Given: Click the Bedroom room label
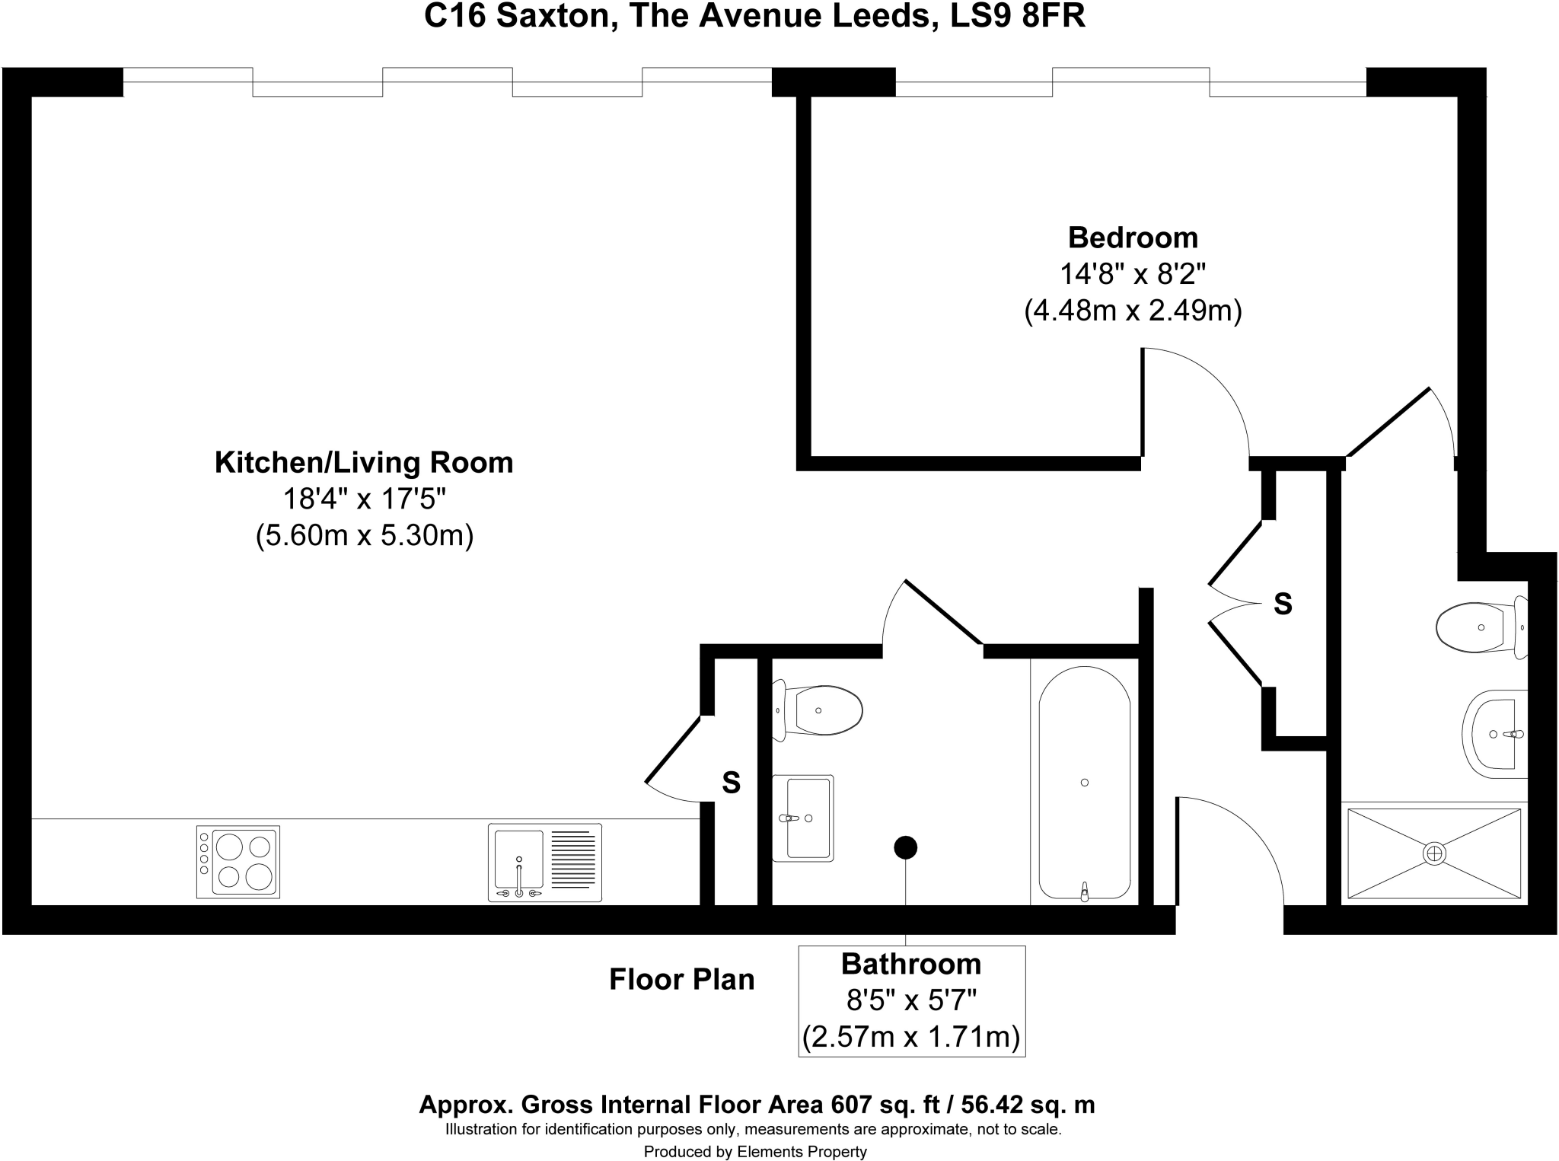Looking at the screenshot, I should pos(1132,238).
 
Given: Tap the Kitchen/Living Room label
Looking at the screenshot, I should pos(364,462).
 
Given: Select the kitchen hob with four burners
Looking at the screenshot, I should pos(238,861).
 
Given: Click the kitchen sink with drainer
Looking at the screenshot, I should pos(544,862).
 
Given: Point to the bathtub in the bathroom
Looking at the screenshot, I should pos(1084,783).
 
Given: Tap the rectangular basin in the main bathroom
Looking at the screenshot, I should pos(803,818).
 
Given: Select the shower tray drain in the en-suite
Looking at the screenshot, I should pos(1434,853).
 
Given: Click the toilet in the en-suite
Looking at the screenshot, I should pos(1478,627).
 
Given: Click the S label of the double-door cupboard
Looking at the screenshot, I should pos(1283,604).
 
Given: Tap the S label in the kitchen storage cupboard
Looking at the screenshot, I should pos(731,783).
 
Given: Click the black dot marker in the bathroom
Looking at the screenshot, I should pos(905,847).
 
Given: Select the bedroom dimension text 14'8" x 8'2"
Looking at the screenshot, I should pos(1132,274).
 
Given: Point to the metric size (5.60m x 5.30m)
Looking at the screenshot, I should pos(364,535).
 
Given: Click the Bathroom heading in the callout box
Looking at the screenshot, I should pos(910,965).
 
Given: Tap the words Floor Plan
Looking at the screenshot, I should pos(681,979).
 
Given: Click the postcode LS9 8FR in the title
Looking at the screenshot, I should pos(1018,17).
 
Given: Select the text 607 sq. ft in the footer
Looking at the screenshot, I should pos(887,1104).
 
